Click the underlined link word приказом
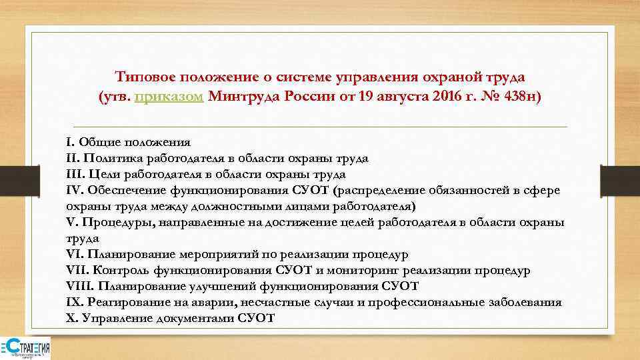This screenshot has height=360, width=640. coord(169,97)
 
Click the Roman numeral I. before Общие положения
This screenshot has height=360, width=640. coord(70,142)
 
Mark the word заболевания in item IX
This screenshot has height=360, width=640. coord(526,302)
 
